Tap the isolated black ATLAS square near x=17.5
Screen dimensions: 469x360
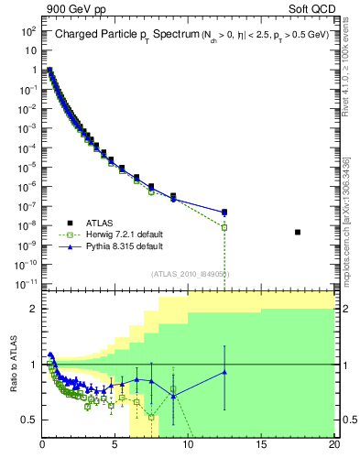[x=298, y=232]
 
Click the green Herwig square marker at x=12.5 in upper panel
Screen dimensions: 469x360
[x=224, y=226]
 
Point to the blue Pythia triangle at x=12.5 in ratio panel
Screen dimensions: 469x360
[x=224, y=372]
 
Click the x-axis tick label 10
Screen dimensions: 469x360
[x=188, y=446]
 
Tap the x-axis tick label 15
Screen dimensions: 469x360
[x=261, y=446]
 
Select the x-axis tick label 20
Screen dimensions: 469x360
[x=333, y=446]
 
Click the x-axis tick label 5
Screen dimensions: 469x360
[x=115, y=446]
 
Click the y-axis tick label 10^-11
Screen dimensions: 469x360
[x=25, y=284]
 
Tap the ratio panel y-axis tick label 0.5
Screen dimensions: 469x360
[x=29, y=420]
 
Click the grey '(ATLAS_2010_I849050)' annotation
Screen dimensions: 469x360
[x=190, y=274]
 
